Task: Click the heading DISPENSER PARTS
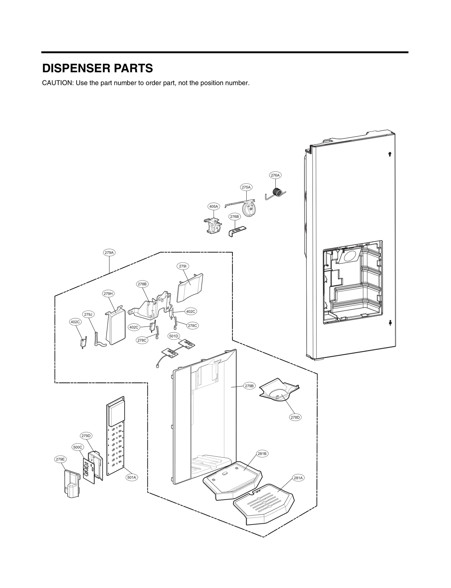pos(97,69)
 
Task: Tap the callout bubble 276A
pos(275,175)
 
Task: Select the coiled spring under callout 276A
pos(278,193)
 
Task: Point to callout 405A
pos(213,207)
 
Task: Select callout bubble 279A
pos(109,253)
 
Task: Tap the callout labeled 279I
pos(183,266)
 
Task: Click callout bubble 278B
pos(142,284)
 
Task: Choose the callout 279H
pos(108,294)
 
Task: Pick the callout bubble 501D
pos(174,336)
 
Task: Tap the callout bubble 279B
pos(249,386)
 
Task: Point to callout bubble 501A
pos(132,477)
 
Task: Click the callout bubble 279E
pos(60,459)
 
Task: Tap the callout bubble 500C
pos(78,447)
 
